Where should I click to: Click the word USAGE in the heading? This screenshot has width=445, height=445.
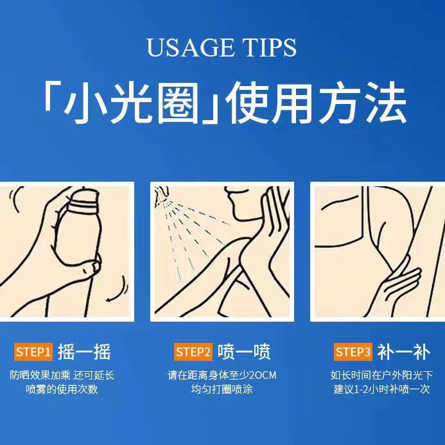(x=191, y=47)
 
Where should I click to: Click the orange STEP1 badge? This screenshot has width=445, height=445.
(x=33, y=352)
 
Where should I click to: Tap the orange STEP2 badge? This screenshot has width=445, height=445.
(x=193, y=352)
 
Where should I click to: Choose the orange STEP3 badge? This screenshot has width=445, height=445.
(x=353, y=352)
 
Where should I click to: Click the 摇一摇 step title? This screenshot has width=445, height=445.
(x=84, y=352)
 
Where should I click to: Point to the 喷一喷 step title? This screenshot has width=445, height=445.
(x=244, y=352)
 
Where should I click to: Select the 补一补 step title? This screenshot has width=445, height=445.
(x=404, y=352)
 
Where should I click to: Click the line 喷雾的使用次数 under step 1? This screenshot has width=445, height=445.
(x=62, y=389)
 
